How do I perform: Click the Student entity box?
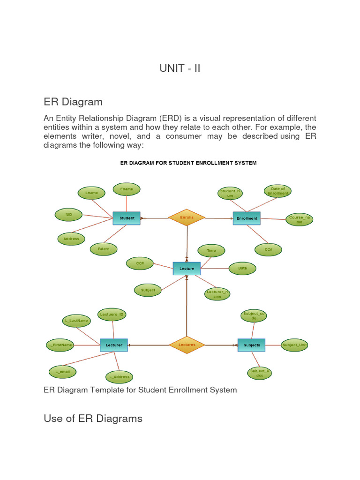pyautogui.click(x=127, y=218)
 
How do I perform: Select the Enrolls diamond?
pyautogui.click(x=187, y=217)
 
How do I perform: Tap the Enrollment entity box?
pyautogui.click(x=247, y=218)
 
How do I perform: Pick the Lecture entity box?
pyautogui.click(x=187, y=269)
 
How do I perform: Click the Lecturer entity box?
pyautogui.click(x=114, y=345)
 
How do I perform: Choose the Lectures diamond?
pyautogui.click(x=187, y=345)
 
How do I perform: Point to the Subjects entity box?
pyautogui.click(x=252, y=345)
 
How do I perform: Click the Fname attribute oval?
pyautogui.click(x=127, y=189)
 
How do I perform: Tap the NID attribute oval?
pyautogui.click(x=68, y=215)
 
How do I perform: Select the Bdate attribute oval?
pyautogui.click(x=104, y=249)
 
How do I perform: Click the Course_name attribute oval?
pyautogui.click(x=300, y=219)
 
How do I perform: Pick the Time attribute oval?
pyautogui.click(x=211, y=250)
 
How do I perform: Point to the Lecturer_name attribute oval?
pyautogui.click(x=217, y=294)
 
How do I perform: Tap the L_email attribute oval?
pyautogui.click(x=62, y=372)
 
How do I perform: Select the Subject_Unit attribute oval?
pyautogui.click(x=295, y=345)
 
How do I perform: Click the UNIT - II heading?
pyautogui.click(x=180, y=68)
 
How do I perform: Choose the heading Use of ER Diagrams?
pyautogui.click(x=93, y=418)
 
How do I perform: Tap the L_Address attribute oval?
pyautogui.click(x=120, y=376)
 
